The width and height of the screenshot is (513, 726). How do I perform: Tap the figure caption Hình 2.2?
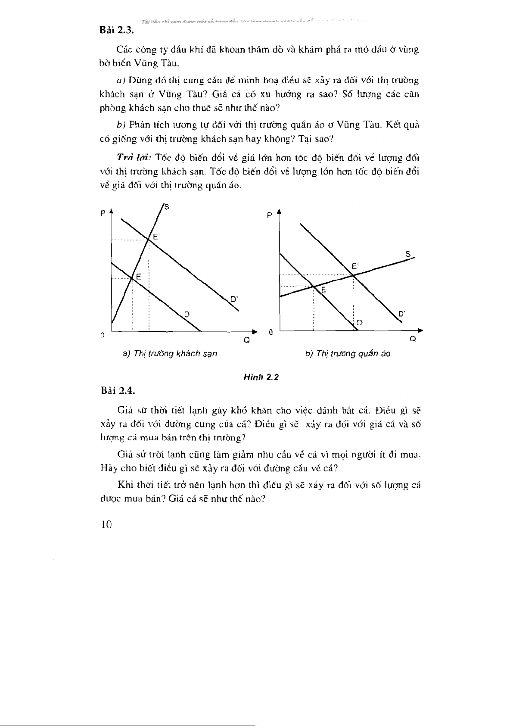coord(261,377)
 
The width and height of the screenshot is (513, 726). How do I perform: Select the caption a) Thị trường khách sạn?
coord(170,354)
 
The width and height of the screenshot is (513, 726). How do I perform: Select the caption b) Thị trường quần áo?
coord(348,354)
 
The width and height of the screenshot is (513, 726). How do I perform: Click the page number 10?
coord(106,525)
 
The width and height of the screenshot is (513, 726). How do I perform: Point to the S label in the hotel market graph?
coord(167,207)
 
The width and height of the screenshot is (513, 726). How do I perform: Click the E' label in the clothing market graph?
coord(355,266)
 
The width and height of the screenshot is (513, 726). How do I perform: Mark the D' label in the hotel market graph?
coord(234,298)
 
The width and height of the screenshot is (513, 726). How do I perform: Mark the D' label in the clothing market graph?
coord(401,314)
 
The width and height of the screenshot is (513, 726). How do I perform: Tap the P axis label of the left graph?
coord(103,213)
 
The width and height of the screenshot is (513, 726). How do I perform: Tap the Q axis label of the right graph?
coord(413,339)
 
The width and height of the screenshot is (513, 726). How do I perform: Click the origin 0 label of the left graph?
coord(102,335)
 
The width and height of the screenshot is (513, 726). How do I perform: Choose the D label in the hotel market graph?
coord(187,314)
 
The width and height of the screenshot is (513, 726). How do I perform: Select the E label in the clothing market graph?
coord(323,290)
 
